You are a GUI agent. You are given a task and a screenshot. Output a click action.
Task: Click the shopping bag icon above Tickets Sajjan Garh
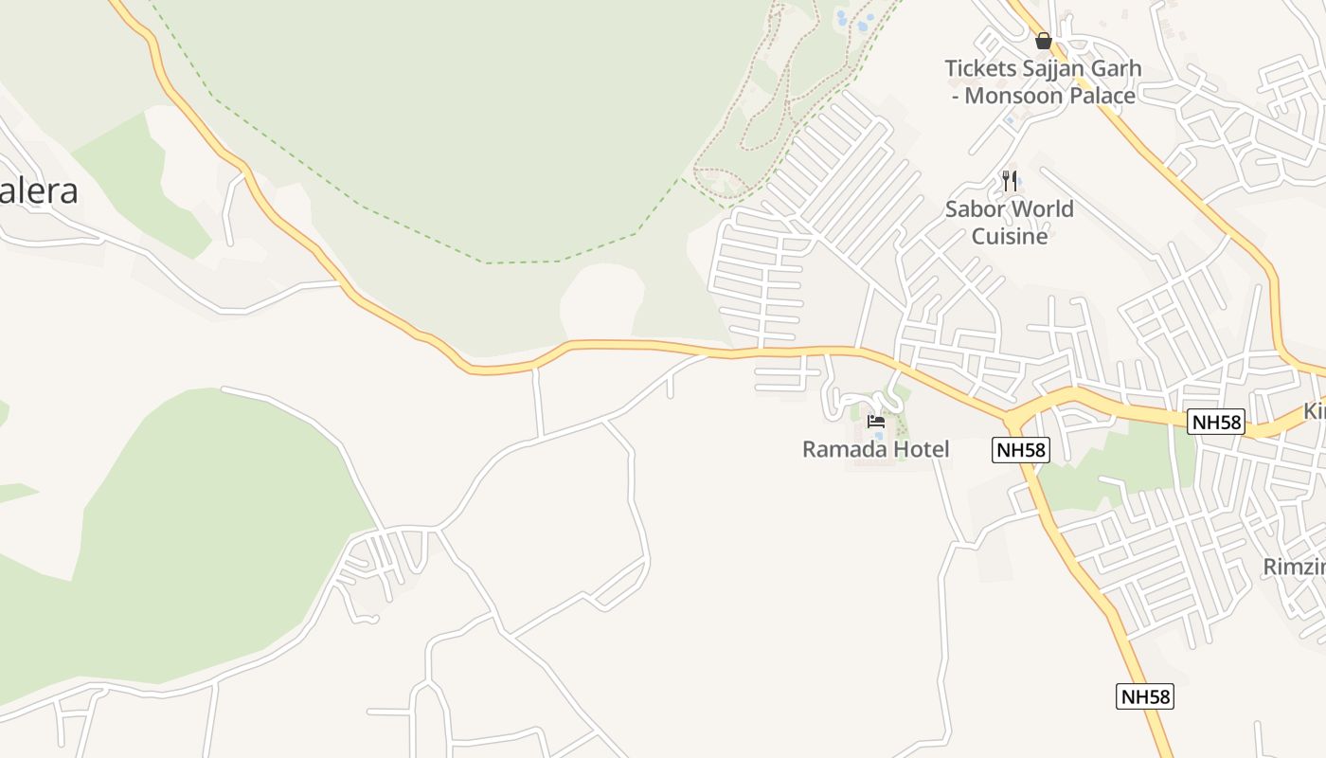(x=1043, y=41)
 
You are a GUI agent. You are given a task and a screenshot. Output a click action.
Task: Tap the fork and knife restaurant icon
(x=1010, y=180)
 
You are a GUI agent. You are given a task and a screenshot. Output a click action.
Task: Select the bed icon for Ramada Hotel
(x=876, y=421)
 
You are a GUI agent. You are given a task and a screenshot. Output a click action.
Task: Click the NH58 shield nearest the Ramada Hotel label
(x=1021, y=449)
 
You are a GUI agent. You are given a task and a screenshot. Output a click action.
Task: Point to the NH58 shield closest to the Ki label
(x=1216, y=422)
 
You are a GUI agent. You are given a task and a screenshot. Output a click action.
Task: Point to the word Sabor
(x=976, y=208)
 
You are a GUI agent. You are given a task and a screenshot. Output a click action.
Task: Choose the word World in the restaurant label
(x=1044, y=208)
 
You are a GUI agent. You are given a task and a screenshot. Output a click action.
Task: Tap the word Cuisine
(x=1010, y=236)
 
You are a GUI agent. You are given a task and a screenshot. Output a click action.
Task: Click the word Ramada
(x=843, y=449)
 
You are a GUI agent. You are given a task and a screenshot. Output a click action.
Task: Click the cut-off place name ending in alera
(x=38, y=191)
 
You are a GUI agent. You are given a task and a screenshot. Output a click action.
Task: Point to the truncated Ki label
(x=1315, y=411)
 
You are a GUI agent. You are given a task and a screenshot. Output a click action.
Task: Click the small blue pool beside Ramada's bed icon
(x=879, y=436)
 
